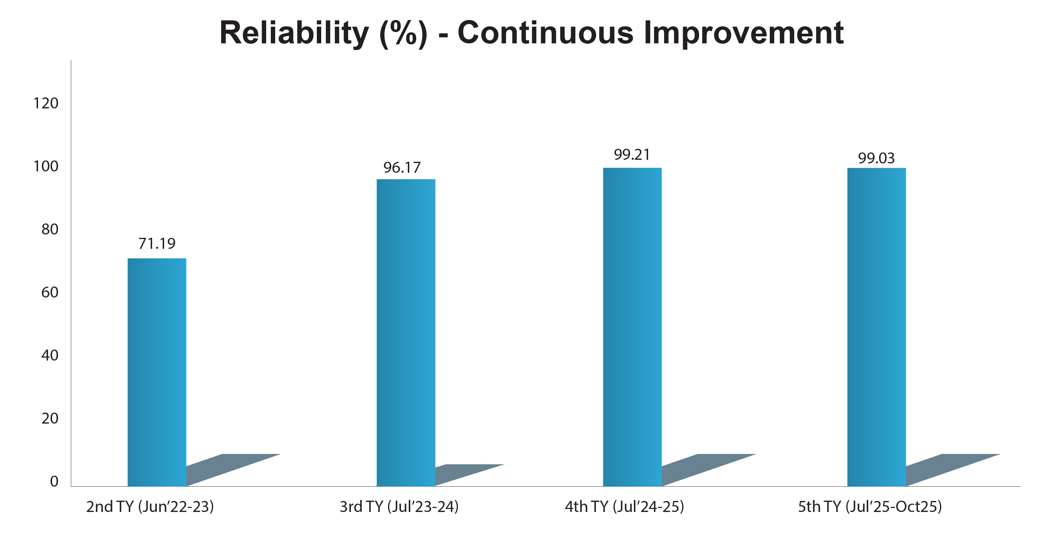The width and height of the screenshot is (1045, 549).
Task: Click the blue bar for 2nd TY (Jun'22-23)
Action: coord(157,372)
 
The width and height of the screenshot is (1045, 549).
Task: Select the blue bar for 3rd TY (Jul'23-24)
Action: coord(406,333)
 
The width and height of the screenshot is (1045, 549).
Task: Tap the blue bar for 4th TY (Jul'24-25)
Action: coord(632,327)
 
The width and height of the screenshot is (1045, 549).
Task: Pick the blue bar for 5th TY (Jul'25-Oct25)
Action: coord(876,327)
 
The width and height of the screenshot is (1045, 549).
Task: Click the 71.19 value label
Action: coord(157,243)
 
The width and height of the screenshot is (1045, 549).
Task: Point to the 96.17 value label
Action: coord(402,167)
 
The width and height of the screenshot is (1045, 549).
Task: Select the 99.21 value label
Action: coord(632,155)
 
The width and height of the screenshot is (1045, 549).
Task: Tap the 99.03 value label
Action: coord(876,158)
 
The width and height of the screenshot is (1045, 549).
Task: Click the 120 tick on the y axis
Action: coord(46,103)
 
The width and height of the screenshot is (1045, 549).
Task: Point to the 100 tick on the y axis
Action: coord(46,166)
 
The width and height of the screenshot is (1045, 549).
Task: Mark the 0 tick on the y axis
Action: coord(54,482)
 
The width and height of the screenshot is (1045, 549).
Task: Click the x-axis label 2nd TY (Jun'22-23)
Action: coord(150,507)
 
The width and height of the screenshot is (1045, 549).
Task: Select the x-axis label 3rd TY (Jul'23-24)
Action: coord(399,507)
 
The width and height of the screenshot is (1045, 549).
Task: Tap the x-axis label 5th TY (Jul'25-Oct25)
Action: coord(870,507)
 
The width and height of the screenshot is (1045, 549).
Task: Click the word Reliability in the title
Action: coord(294,33)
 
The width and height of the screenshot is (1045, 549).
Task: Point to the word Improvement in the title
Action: coord(743,33)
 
